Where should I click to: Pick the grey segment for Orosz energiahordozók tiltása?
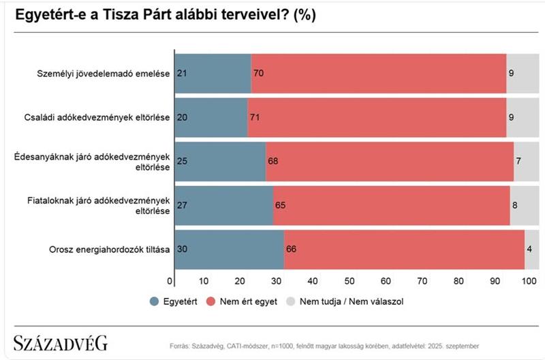(x=532, y=249)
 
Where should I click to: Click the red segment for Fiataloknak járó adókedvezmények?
(x=391, y=205)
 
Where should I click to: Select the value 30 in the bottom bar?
(x=182, y=249)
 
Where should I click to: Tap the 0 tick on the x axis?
(x=170, y=281)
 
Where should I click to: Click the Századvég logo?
(x=61, y=344)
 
